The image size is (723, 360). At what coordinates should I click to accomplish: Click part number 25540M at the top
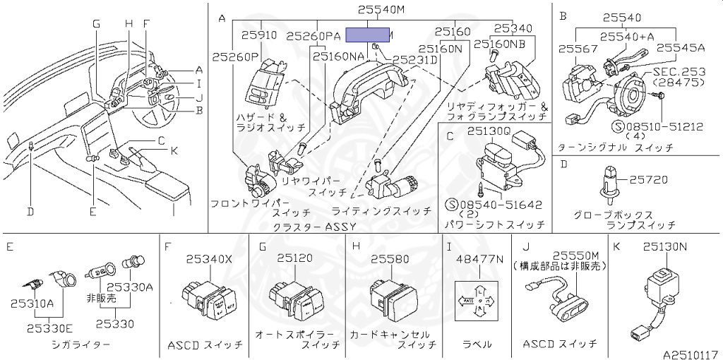click(x=381, y=10)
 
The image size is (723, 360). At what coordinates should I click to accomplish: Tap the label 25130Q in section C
click(x=486, y=131)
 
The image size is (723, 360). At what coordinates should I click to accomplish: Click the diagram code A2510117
click(x=690, y=352)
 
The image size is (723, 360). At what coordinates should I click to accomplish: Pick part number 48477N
click(x=480, y=259)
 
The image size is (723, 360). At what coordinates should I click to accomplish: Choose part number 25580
click(x=390, y=259)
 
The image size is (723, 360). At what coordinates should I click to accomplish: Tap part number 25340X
click(x=208, y=259)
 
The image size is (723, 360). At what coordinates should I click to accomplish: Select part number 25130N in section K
click(x=665, y=247)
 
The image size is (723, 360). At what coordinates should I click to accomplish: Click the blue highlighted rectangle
click(x=367, y=35)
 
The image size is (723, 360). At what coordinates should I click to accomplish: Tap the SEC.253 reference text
click(x=678, y=72)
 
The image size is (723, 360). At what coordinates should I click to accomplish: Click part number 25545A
click(x=681, y=48)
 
